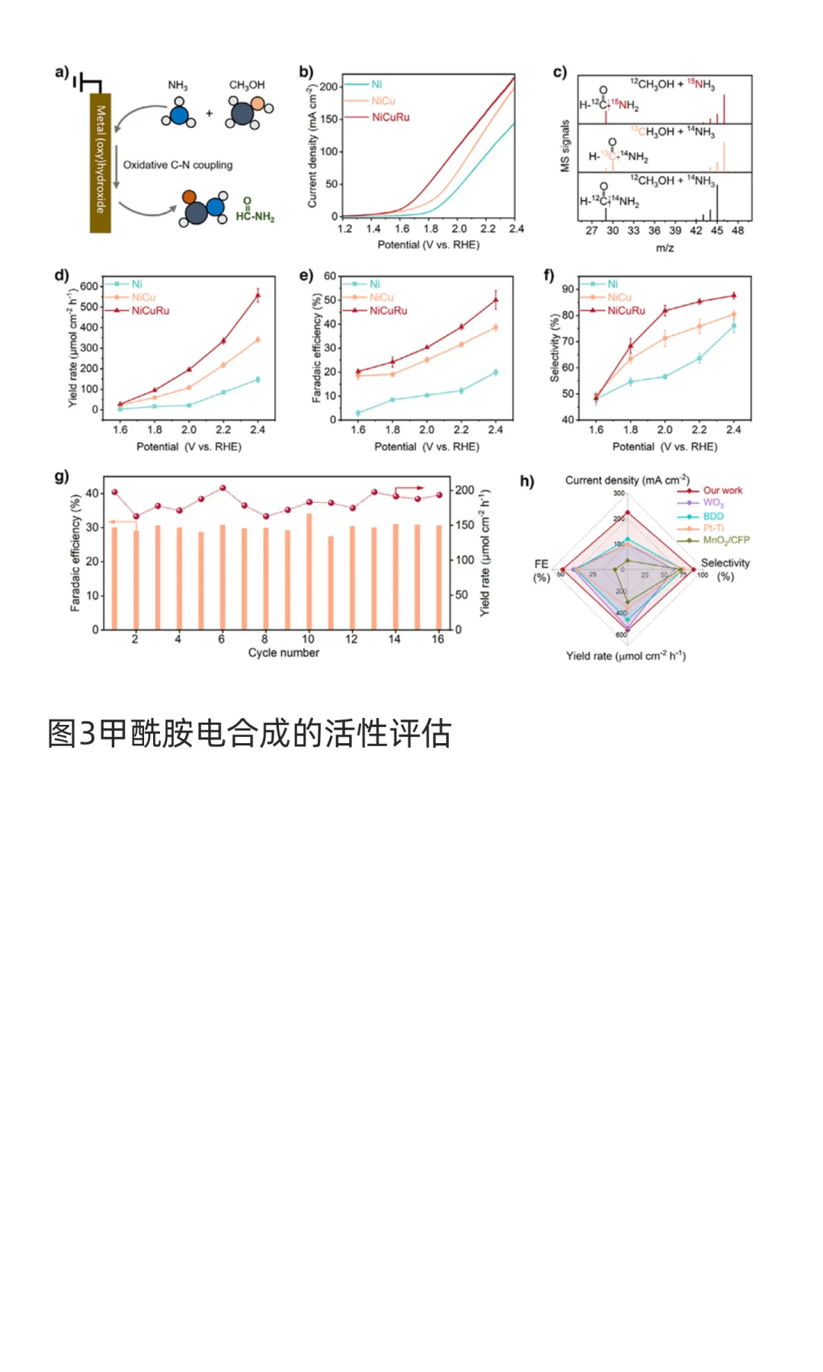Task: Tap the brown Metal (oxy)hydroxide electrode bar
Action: (x=101, y=162)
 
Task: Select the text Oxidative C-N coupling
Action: (x=178, y=165)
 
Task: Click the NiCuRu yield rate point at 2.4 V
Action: (x=258, y=295)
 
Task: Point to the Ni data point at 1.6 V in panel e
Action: (x=358, y=413)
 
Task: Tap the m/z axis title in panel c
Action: (x=664, y=248)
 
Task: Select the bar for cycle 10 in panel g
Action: (x=309, y=571)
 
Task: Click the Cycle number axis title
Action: (x=283, y=653)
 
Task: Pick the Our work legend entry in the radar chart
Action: (x=722, y=491)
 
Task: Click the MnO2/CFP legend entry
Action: (x=725, y=540)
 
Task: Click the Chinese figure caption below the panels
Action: (x=249, y=733)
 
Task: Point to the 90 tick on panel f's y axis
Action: (x=568, y=289)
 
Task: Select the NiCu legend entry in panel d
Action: (x=143, y=297)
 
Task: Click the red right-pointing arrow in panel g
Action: (x=410, y=488)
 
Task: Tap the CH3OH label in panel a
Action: (x=247, y=85)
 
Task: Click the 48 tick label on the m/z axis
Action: (x=738, y=230)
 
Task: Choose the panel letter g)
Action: (x=62, y=476)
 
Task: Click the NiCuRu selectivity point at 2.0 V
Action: (x=665, y=310)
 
